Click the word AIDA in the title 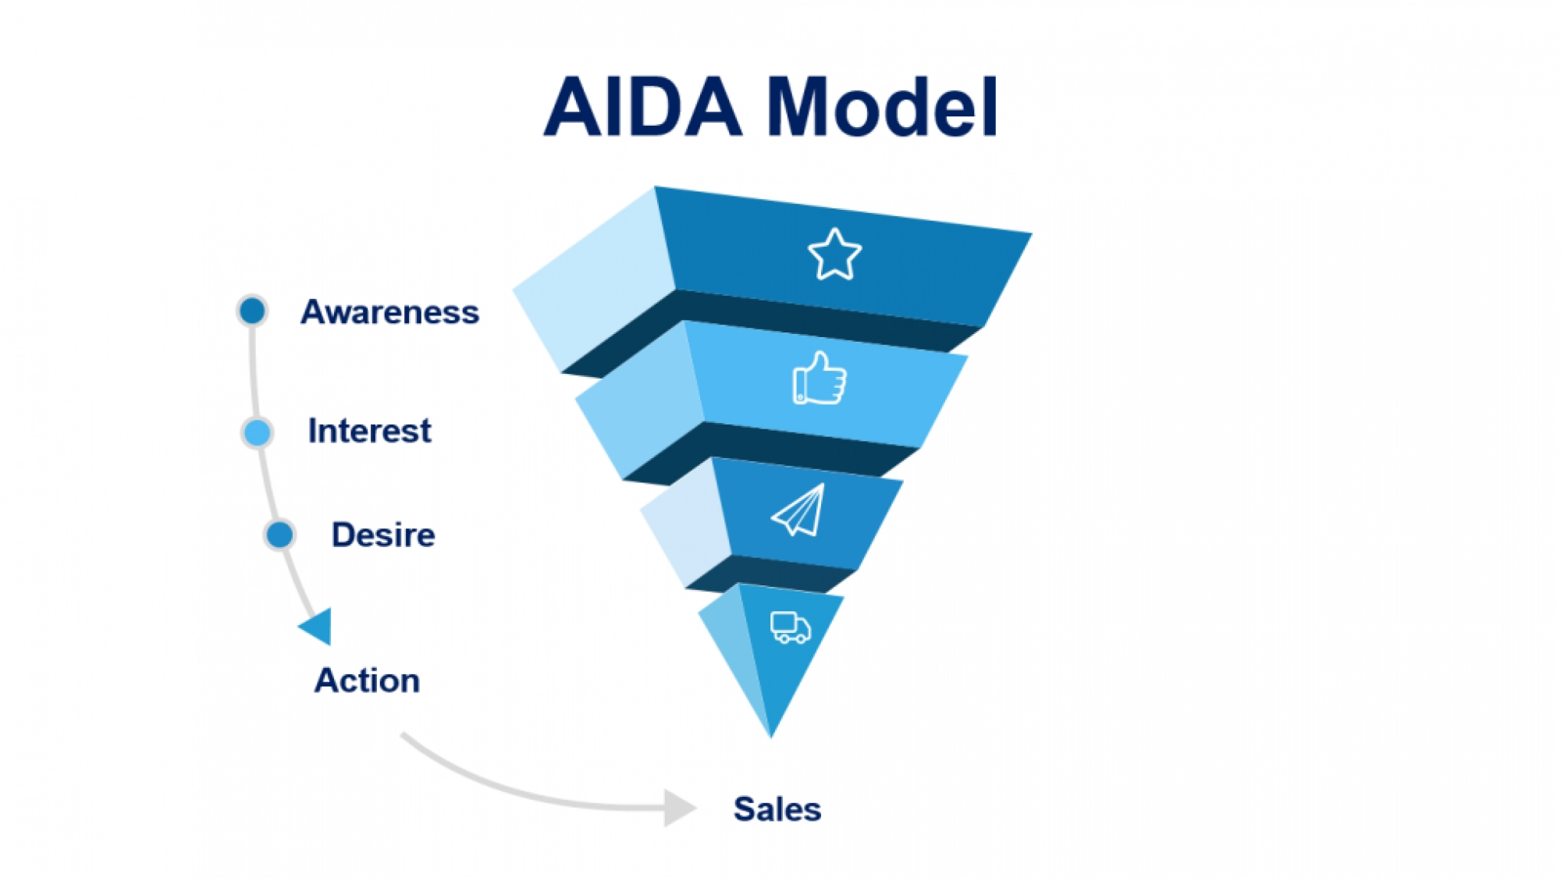[642, 107]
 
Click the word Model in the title [882, 107]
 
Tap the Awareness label [389, 312]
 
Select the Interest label [369, 431]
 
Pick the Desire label [383, 535]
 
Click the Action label [367, 681]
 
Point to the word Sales [777, 809]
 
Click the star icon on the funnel [834, 254]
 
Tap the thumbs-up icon [820, 379]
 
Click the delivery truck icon [790, 627]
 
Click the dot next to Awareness [252, 311]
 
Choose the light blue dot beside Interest [257, 432]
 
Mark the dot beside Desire [279, 535]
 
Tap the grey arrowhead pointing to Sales [677, 808]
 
